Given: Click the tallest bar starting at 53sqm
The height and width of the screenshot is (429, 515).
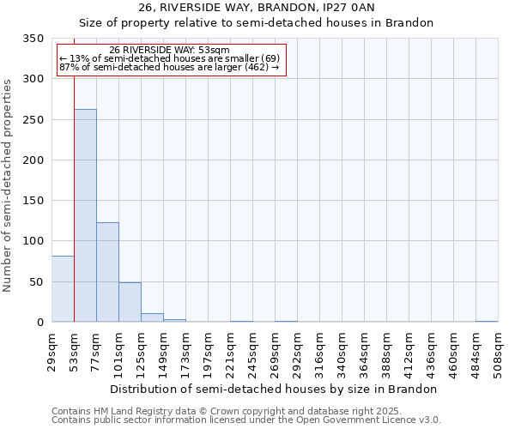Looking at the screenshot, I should [85, 215].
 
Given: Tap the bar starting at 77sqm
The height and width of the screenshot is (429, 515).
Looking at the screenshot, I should [107, 272].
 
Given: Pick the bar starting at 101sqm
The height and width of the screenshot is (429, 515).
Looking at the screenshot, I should [130, 302].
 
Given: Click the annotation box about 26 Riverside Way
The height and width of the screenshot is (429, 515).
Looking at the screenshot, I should [170, 60].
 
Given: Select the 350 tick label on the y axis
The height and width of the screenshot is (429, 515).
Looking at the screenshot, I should [33, 39].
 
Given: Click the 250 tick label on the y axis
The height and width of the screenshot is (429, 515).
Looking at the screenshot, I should [33, 120].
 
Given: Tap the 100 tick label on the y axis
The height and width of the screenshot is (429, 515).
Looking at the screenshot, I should [33, 242].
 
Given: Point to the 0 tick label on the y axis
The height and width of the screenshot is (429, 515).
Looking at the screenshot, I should [39, 323].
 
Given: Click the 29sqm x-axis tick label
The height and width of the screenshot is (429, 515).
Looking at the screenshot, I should [52, 351].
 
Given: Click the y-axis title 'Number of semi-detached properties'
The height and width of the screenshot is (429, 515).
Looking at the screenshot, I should [8, 185].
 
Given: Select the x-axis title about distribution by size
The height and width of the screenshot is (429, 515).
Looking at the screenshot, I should [274, 389].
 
